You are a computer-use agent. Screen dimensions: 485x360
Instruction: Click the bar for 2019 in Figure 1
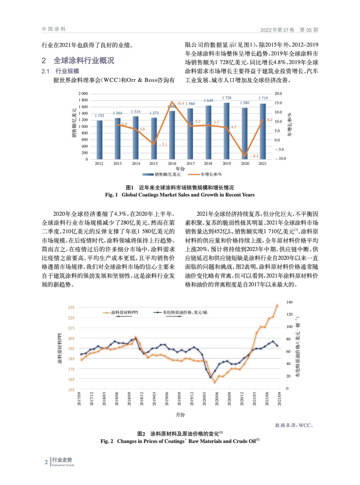(226, 131)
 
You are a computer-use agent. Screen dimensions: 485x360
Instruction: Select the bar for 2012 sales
(99, 140)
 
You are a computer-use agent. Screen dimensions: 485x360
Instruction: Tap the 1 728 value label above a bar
(227, 98)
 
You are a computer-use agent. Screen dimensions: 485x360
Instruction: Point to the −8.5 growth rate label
(254, 156)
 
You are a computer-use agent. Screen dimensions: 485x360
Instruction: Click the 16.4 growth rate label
(180, 103)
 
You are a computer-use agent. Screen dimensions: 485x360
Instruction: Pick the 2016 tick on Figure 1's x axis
(172, 163)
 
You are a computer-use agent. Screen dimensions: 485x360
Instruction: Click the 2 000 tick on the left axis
(83, 93)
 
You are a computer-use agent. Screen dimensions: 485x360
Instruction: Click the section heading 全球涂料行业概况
(84, 60)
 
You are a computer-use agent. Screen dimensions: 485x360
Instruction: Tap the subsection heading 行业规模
(67, 71)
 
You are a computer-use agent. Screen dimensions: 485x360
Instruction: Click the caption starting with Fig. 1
(180, 195)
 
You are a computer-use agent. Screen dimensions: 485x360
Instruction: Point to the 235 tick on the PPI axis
(71, 307)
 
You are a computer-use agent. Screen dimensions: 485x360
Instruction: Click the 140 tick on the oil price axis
(289, 302)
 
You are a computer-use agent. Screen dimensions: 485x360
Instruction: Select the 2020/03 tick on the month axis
(204, 399)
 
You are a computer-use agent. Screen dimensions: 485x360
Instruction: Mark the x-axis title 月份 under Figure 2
(180, 415)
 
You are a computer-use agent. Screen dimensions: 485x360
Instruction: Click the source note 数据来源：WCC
(294, 425)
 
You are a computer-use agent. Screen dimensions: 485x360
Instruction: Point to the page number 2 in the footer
(46, 462)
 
